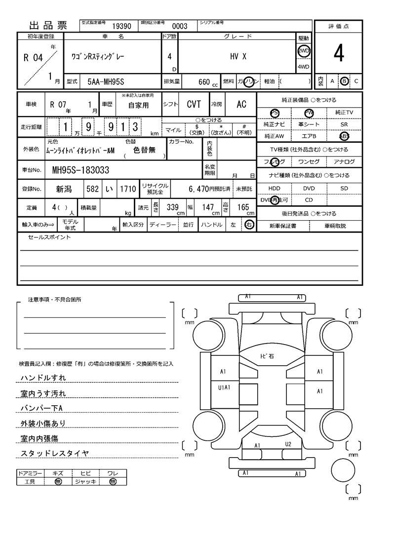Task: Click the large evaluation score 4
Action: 338,54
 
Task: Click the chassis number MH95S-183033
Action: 81,170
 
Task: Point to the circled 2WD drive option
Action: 303,51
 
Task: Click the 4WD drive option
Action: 303,67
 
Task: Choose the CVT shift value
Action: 194,104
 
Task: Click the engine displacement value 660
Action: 204,81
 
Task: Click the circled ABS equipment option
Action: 344,136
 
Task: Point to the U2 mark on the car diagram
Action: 288,444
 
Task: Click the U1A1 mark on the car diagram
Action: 225,388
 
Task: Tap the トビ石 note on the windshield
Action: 267,356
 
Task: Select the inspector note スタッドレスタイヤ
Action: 54,453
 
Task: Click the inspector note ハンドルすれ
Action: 43,378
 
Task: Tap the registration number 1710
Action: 127,189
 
